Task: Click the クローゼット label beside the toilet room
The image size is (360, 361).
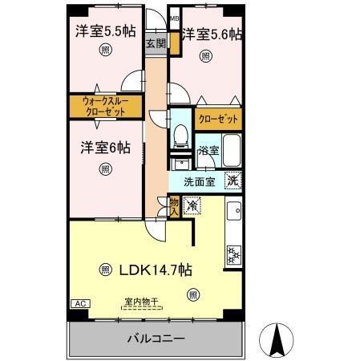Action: pos(219,119)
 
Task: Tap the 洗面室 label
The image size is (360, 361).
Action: pos(199,181)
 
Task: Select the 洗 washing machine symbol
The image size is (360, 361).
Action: pos(232,181)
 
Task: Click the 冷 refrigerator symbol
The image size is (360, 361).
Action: pos(192,206)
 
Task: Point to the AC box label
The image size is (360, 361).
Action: pos(79,304)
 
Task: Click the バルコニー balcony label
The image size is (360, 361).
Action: pos(156,339)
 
